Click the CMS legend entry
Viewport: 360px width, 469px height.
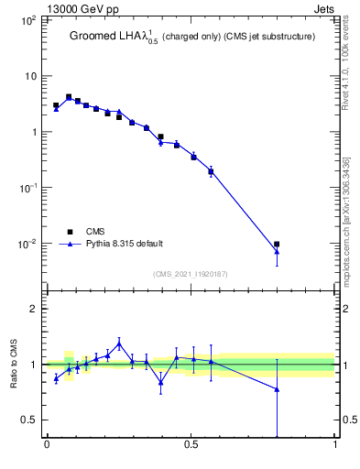94,232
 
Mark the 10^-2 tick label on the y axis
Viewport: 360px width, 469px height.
28,244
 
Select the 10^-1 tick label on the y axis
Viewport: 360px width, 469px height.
28,188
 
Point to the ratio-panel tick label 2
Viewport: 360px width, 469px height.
35,309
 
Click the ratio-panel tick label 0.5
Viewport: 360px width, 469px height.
29,420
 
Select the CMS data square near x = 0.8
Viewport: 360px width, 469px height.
277,245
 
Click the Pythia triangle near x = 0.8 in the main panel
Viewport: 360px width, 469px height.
277,252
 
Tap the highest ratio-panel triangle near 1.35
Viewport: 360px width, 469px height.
119,344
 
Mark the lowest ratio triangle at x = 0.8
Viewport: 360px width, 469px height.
277,389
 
